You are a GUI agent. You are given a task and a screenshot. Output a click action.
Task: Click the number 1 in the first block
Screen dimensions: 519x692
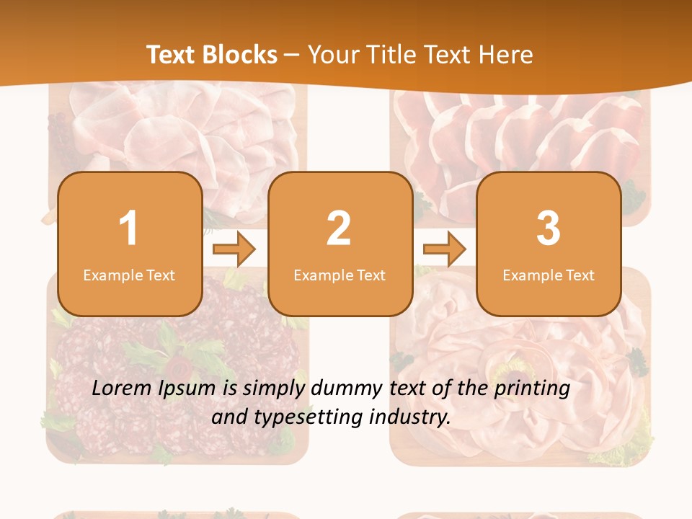click(x=128, y=229)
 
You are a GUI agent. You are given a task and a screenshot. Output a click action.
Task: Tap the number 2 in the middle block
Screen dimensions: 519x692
click(x=339, y=229)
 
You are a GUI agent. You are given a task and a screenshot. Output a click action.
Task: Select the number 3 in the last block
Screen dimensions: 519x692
click(x=549, y=229)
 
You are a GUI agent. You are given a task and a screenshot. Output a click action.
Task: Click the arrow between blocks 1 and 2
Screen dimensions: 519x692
click(x=234, y=249)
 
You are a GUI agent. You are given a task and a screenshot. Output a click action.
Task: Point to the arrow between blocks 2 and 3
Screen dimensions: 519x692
click(x=444, y=249)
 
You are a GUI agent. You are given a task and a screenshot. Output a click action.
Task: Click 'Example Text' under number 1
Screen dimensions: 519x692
click(x=129, y=275)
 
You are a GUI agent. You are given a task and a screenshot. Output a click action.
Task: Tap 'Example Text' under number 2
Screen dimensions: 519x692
click(x=340, y=275)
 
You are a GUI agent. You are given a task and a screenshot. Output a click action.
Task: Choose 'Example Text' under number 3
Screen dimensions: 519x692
click(x=549, y=275)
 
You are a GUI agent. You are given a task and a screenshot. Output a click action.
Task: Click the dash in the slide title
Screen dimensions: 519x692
click(x=292, y=56)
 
